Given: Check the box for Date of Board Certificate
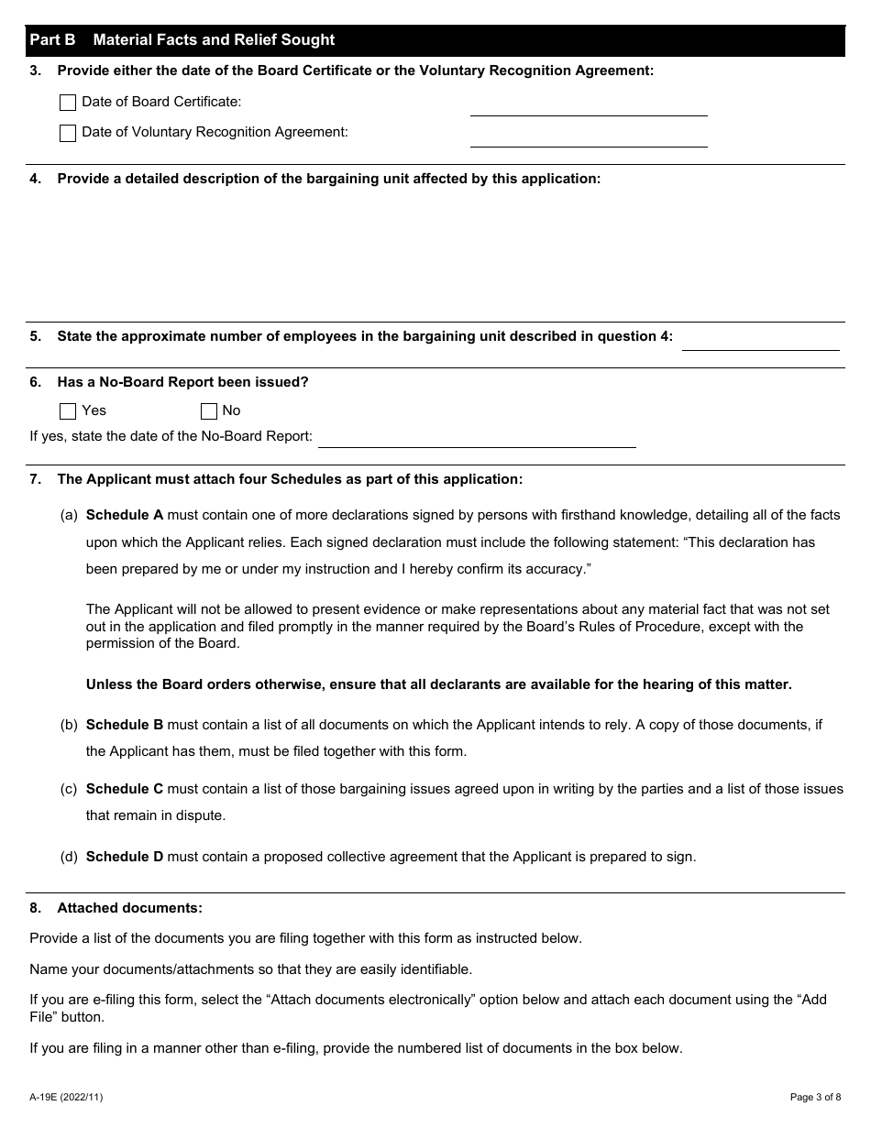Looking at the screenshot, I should (68, 103).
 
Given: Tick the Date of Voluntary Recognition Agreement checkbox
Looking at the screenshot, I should (68, 133).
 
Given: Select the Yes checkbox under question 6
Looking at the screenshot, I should (68, 411).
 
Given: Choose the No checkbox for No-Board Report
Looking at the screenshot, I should (209, 411).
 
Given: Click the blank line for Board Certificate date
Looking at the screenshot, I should (589, 105).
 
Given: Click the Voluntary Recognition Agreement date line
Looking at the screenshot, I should (589, 137).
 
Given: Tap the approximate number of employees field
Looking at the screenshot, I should (760, 339).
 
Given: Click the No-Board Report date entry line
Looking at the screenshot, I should (477, 437).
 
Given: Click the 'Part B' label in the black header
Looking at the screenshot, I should (52, 40).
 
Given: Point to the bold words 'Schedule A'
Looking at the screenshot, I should (125, 515).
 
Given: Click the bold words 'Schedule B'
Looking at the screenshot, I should (125, 725).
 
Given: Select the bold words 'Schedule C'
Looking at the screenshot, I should (125, 789).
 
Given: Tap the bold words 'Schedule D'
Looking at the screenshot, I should (125, 858).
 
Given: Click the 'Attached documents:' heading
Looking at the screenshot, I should (129, 908).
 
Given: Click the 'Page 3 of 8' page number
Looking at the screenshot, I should (815, 1097).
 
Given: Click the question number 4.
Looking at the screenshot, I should (36, 179).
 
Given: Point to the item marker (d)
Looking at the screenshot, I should (69, 858).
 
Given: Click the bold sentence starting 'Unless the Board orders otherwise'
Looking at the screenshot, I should (438, 684).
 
